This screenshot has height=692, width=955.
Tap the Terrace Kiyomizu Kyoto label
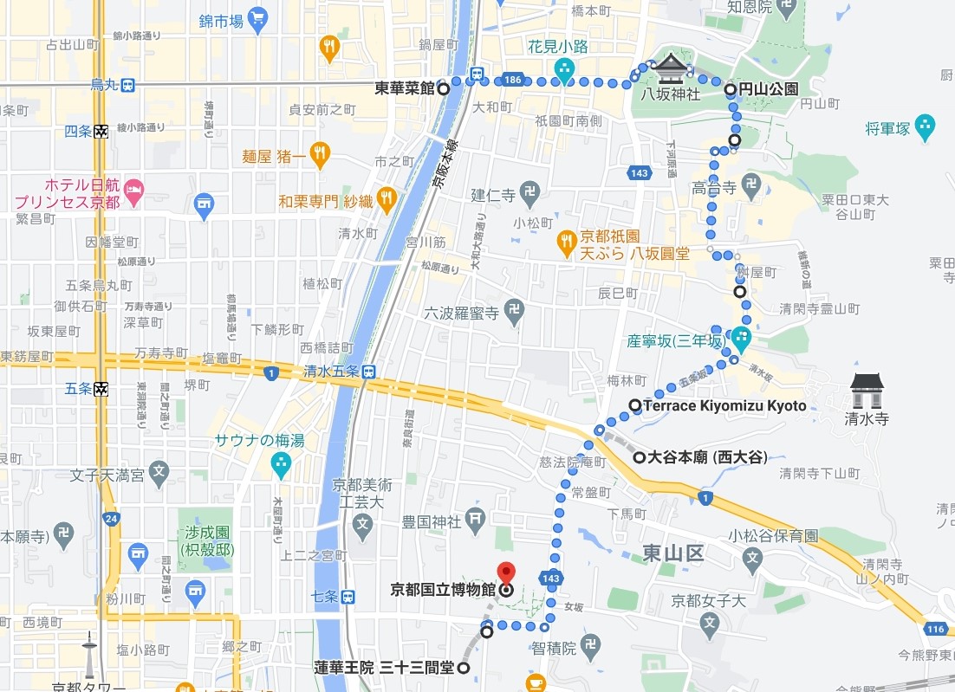(x=724, y=405)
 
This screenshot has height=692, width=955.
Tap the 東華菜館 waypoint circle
(x=443, y=87)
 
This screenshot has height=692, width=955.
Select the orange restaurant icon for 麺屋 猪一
(x=320, y=155)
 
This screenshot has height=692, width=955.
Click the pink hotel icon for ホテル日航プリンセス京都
(x=133, y=189)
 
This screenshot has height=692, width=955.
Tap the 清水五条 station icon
(x=369, y=372)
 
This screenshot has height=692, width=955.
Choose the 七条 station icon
(x=348, y=596)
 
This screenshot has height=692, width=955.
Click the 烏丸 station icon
(x=127, y=85)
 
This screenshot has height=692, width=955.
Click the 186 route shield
(x=512, y=80)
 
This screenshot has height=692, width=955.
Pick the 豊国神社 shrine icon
(x=475, y=521)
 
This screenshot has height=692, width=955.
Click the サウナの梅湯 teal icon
(x=281, y=464)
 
